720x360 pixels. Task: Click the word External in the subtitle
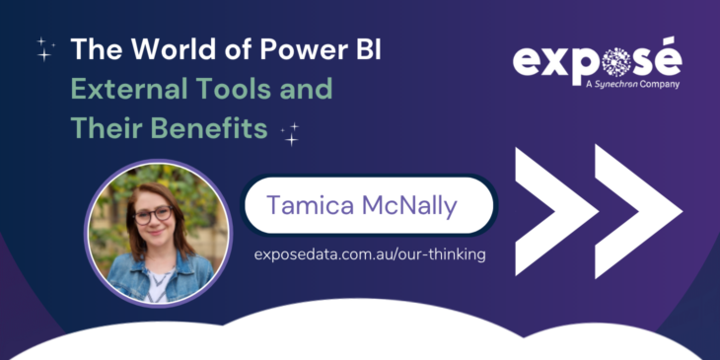[x=129, y=89]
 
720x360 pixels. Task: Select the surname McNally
[x=415, y=206]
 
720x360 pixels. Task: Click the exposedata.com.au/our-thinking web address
[x=369, y=253]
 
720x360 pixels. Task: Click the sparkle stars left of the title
[x=44, y=49]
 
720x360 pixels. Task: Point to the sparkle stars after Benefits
[x=290, y=133]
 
